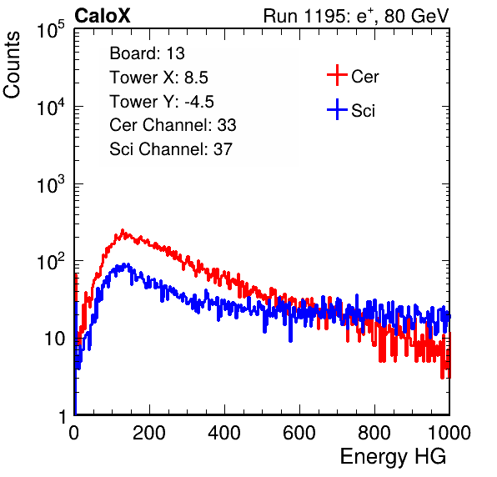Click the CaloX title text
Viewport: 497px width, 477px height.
pos(103,16)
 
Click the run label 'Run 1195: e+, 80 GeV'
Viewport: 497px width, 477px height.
pos(356,16)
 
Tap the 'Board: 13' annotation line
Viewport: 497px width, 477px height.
pos(147,53)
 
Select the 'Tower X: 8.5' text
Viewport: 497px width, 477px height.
pos(158,78)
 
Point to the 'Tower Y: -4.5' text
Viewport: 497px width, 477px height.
pos(162,102)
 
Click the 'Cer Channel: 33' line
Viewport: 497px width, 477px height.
pos(173,125)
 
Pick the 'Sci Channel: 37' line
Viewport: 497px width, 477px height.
pos(171,149)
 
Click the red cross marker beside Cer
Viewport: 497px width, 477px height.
pos(337,75)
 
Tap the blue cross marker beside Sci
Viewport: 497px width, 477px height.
pos(337,110)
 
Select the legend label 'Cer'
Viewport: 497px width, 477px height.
pos(364,77)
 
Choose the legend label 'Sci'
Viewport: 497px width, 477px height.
pos(364,111)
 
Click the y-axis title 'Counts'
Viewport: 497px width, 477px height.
pos(12,65)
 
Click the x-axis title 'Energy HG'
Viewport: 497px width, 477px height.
pos(393,457)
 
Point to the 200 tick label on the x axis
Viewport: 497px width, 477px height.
pos(149,433)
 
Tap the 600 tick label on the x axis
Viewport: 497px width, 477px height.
pos(299,433)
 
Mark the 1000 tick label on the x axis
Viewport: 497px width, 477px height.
pos(449,433)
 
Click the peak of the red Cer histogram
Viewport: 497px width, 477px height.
pos(123,230)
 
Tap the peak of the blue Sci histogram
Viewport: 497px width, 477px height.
pos(128,264)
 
